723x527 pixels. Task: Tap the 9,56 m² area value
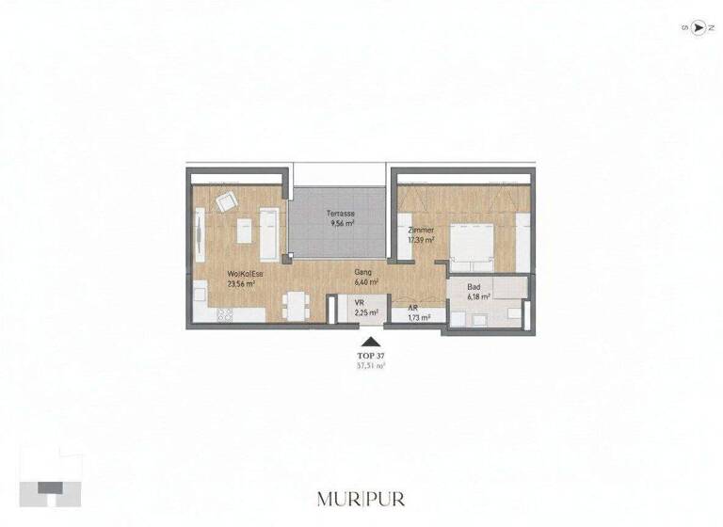(341, 224)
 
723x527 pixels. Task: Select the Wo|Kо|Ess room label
(244, 274)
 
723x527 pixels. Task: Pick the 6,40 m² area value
(366, 281)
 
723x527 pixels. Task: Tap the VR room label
(360, 303)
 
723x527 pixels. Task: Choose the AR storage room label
(412, 309)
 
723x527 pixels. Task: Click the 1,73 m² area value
(418, 318)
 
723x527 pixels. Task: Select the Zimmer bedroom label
(420, 231)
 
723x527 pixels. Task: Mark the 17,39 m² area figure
(421, 240)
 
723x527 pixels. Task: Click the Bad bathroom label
(474, 288)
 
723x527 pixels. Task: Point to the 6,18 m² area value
(478, 297)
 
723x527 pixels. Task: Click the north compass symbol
(698, 27)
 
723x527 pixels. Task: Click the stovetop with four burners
(224, 315)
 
